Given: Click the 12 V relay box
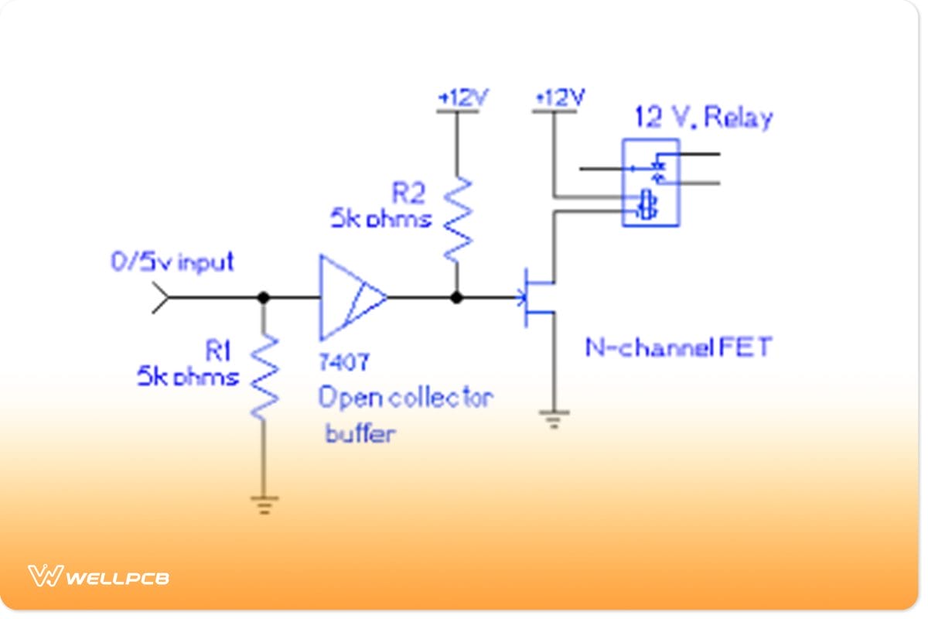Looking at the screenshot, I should [650, 183].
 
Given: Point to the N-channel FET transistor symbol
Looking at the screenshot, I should [539, 297].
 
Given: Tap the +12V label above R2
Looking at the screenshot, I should [461, 98].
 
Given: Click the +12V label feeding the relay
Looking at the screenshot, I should [559, 98].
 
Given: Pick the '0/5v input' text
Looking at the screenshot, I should [172, 262].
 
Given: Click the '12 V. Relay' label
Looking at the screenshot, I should [703, 118].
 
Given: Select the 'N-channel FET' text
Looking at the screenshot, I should [677, 347].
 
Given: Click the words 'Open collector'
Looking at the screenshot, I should [405, 398].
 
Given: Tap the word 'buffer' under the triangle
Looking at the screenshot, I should [360, 433].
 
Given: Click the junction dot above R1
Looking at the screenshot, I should [264, 297].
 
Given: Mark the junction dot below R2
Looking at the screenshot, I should [457, 297].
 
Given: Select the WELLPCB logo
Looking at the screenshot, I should [99, 576].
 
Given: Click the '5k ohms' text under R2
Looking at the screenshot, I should [380, 219].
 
